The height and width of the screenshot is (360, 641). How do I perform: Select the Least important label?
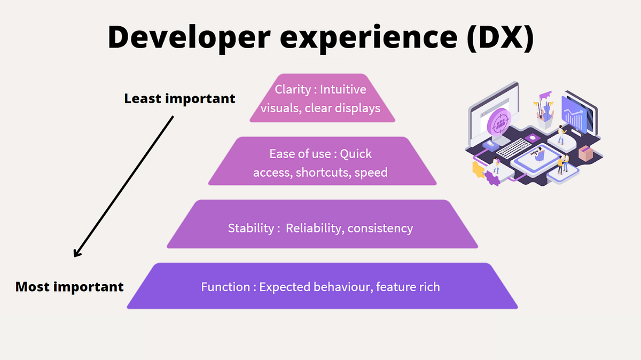tap(179, 99)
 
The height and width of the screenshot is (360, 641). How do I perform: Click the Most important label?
tap(69, 287)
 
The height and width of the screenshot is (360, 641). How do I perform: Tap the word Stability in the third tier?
tap(251, 229)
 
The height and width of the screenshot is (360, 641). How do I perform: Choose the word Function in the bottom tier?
tap(225, 287)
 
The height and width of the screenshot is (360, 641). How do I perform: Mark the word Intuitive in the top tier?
tap(343, 90)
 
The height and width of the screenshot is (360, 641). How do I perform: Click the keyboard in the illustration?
tap(513, 148)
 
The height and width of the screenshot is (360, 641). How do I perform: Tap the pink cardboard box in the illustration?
tap(586, 153)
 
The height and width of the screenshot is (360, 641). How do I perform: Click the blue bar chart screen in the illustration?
tap(574, 115)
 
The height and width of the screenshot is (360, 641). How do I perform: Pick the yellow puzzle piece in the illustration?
tap(478, 170)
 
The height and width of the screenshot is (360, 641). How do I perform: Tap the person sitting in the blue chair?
tap(538, 155)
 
